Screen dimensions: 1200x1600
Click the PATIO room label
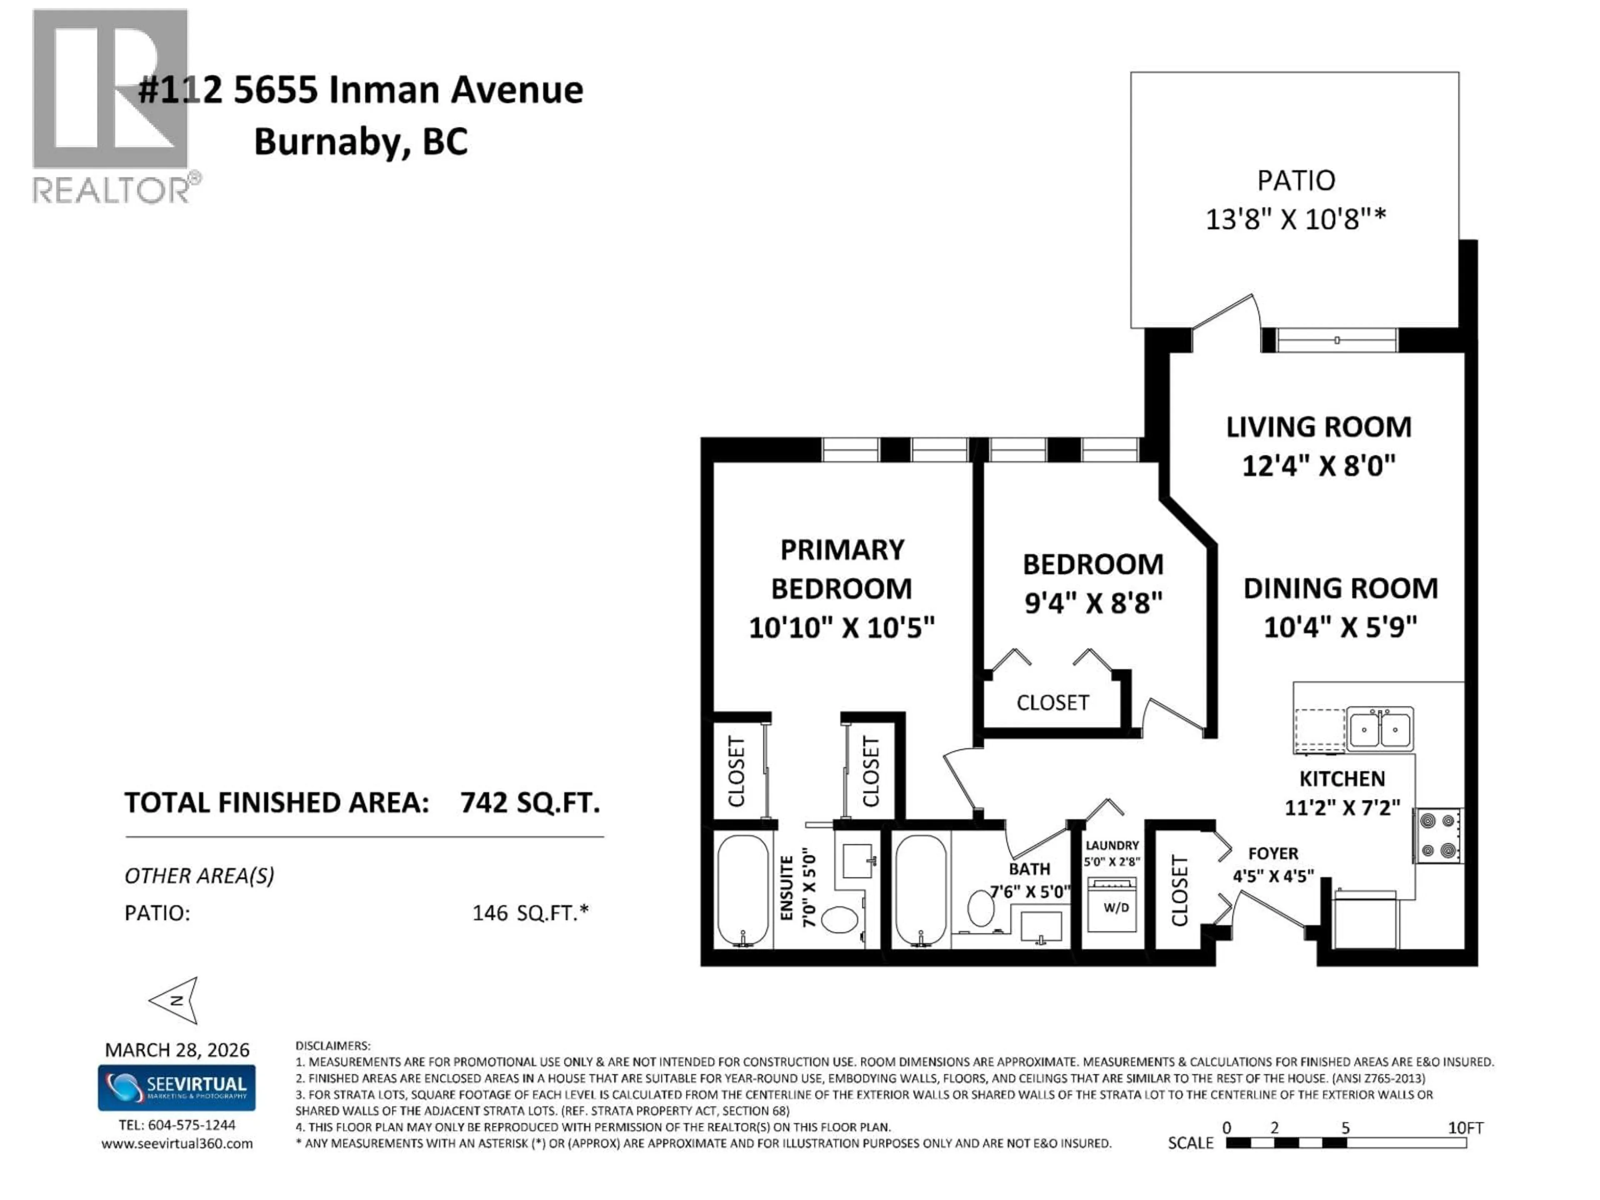coord(1295,180)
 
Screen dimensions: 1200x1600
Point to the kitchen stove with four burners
coord(1437,835)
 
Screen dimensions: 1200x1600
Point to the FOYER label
coord(1273,853)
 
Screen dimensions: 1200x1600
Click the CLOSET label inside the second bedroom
coord(1052,702)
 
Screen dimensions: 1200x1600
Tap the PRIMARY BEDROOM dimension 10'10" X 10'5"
coord(841,627)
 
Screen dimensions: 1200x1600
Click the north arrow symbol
coord(176,1000)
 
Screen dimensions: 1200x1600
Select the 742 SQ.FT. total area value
coord(530,803)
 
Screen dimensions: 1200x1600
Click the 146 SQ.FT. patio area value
coord(530,913)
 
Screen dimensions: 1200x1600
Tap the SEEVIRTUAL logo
coord(177,1087)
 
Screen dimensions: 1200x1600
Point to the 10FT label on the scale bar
coord(1465,1127)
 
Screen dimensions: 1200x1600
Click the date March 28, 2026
coord(177,1050)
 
